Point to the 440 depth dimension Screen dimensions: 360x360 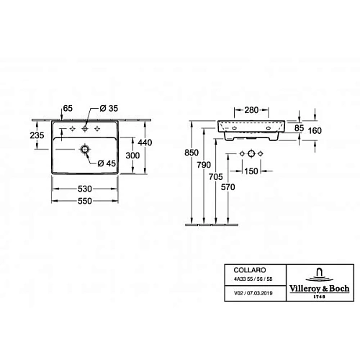pos(145,143)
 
